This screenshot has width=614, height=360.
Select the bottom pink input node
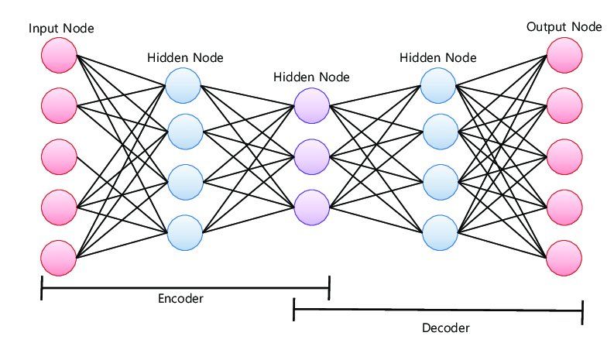tap(60, 257)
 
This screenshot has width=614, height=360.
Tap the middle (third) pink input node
tap(60, 156)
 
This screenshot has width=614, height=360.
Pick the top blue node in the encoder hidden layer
tap(184, 84)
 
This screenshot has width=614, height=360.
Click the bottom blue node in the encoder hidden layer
tap(184, 231)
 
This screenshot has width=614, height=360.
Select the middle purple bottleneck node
tap(312, 156)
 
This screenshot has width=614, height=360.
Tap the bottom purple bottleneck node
tap(312, 207)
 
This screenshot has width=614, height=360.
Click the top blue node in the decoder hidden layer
tap(440, 84)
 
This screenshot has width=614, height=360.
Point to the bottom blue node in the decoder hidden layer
tap(440, 231)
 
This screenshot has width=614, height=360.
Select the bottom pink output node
tap(564, 257)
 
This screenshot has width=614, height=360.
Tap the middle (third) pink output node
tap(564, 156)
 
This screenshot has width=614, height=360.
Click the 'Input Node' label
tap(61, 29)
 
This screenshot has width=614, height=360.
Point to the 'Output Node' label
tap(564, 27)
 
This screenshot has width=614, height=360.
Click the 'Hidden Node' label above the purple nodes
tap(311, 77)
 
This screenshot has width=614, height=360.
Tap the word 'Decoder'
tap(445, 327)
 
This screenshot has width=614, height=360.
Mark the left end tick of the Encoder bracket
tap(42, 290)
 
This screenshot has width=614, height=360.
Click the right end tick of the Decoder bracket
tap(581, 311)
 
